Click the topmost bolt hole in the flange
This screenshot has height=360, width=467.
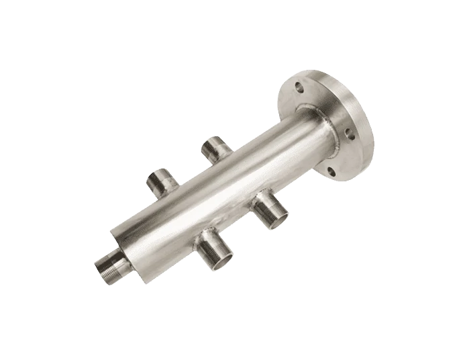(x=297, y=85)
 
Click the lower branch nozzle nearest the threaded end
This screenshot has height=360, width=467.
(x=216, y=246)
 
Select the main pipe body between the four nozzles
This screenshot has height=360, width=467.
(x=208, y=195)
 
